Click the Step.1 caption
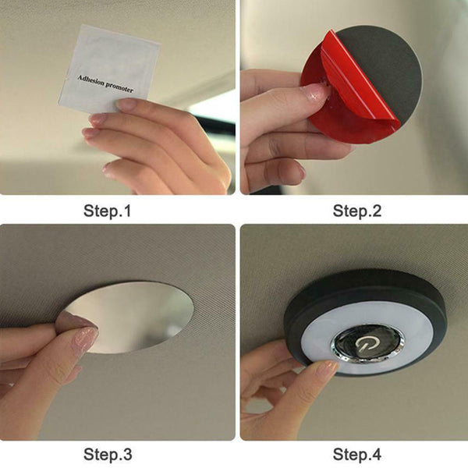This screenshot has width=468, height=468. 107,211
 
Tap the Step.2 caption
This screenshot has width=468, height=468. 357,211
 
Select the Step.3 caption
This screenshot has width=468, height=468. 108,454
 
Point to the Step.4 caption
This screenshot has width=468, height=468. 357,454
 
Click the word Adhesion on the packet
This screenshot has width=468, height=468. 91,80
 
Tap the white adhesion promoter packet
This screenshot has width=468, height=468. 109,69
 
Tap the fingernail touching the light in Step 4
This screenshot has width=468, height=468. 328,367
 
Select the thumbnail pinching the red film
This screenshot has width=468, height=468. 311,92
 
